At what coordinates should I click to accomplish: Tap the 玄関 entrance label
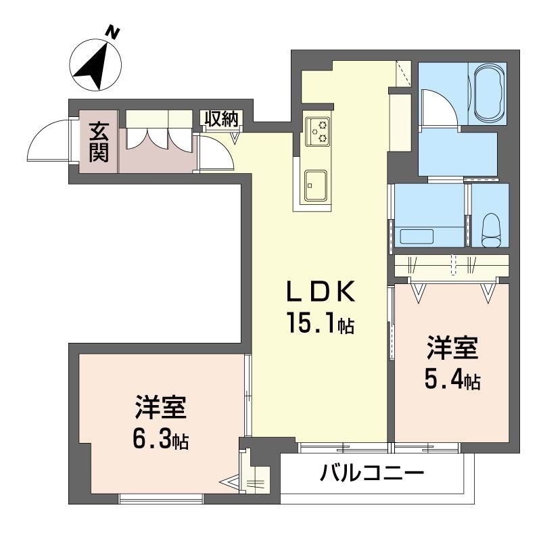pos(99,141)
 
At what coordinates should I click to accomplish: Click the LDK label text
pos(319,293)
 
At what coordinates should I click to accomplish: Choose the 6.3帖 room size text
pos(160,442)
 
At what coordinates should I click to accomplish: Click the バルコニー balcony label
pos(372,472)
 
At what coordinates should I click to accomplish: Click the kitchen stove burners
pos(318,130)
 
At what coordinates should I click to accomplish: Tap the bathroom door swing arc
pos(439,108)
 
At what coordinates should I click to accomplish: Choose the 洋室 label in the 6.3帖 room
pos(160,409)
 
